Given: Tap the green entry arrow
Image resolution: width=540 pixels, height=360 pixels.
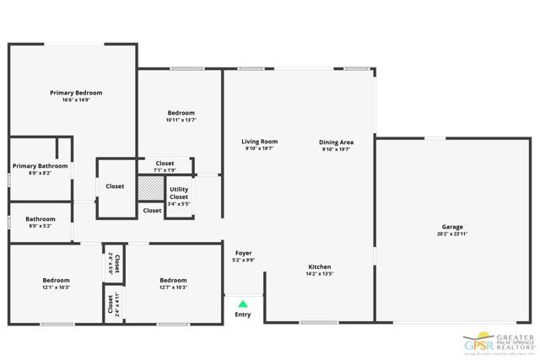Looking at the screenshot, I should (243, 304).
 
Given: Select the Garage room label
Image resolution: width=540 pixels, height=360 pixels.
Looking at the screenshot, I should (452, 227).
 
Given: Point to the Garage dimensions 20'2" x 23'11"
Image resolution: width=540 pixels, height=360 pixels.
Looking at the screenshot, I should (452, 234).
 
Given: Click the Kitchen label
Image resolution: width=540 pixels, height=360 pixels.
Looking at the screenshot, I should (319, 266).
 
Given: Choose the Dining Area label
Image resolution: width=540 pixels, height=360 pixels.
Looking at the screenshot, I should (336, 142).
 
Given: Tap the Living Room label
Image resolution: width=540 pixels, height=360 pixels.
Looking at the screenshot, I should (259, 142).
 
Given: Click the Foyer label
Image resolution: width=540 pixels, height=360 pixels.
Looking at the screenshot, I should (243, 253).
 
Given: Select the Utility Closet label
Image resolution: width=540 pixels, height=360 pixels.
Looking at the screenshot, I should (179, 193).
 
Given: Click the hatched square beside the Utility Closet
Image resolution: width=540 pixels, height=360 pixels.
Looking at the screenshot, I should (149, 186).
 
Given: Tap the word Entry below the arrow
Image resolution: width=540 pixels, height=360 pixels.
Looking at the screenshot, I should (243, 315).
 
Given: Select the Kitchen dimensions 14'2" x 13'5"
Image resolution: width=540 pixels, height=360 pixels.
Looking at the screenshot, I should (319, 274).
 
